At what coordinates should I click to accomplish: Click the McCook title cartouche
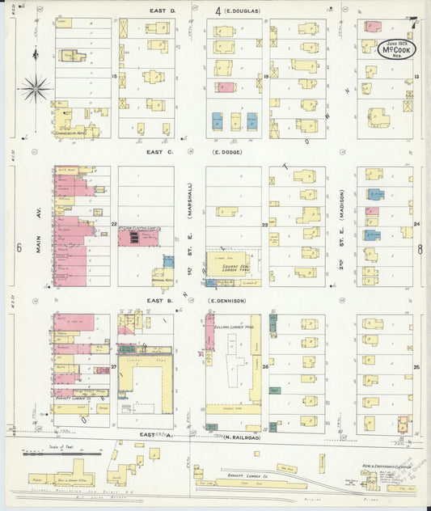click(x=394, y=47)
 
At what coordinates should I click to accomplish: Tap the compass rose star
click(x=35, y=88)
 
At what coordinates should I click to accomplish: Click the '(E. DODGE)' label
click(x=228, y=151)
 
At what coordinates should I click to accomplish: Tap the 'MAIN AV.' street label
click(x=38, y=239)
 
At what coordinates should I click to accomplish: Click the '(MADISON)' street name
click(x=343, y=205)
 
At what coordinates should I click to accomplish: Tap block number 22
click(x=114, y=225)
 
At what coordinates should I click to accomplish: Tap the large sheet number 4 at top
click(x=218, y=10)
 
